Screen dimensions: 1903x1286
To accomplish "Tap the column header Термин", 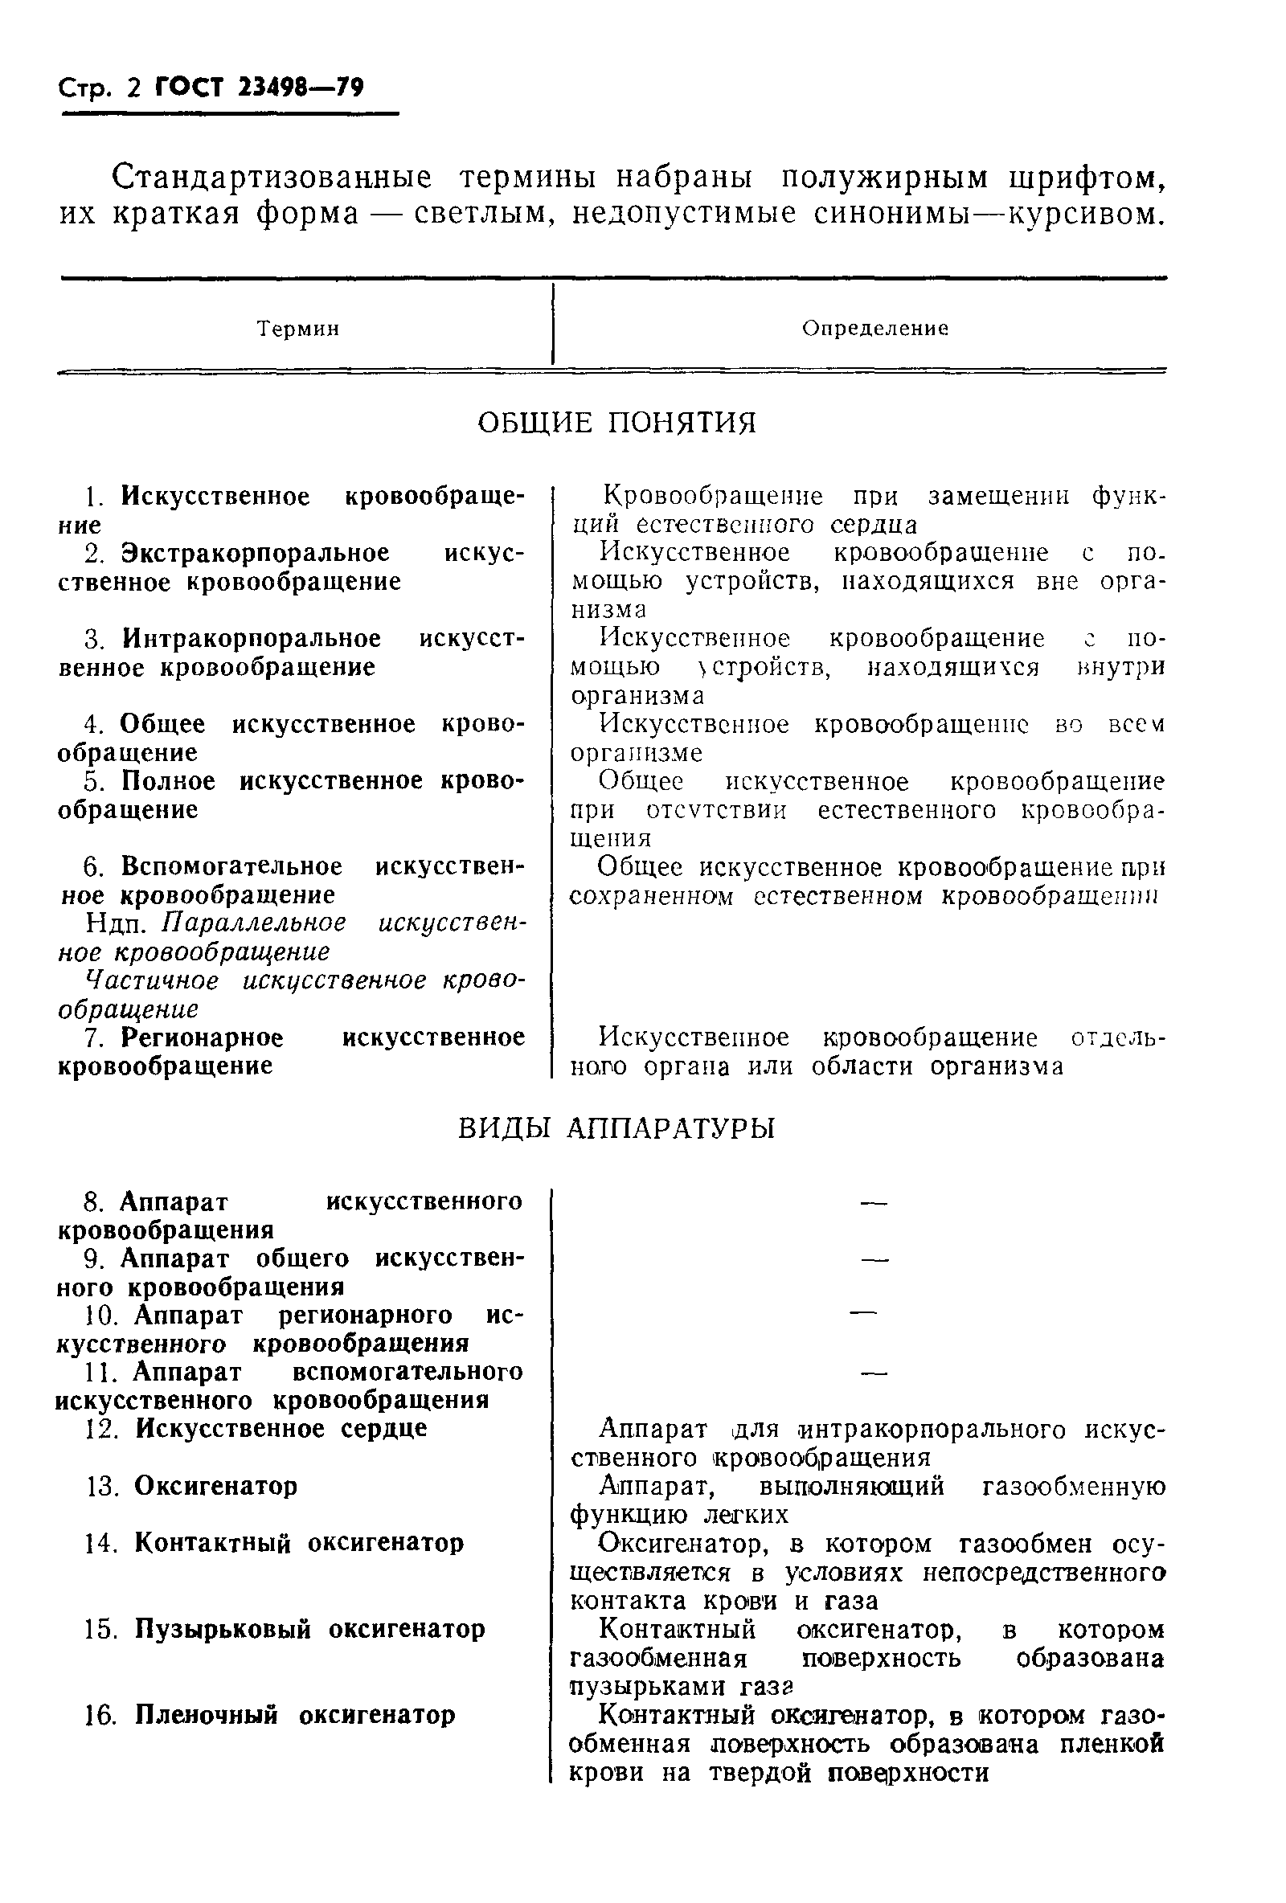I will coord(298,329).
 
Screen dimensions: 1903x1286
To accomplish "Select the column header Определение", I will coord(874,329).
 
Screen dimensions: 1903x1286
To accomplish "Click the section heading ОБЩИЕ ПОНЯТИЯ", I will coord(616,423).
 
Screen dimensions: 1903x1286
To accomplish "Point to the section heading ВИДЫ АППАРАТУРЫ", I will coord(616,1129).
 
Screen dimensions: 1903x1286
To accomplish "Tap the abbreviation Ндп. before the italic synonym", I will coord(120,923).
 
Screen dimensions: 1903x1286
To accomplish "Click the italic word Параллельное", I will coord(254,923).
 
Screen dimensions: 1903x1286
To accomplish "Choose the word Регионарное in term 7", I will coord(203,1038).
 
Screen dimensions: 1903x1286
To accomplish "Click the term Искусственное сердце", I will coord(281,1429).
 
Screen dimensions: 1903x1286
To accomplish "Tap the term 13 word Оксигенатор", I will coord(215,1486).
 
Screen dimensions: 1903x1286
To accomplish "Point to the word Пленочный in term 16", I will coord(207,1716).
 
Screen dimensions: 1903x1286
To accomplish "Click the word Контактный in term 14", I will coord(212,1544).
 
